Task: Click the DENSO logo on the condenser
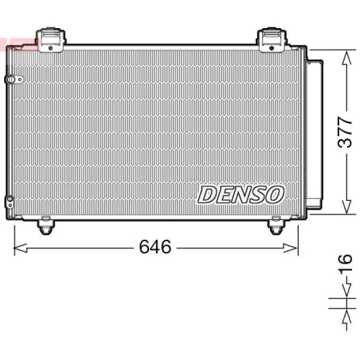point(242,194)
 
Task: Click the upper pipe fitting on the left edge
point(9,79)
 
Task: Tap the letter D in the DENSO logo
point(207,194)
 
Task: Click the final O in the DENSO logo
point(276,194)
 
